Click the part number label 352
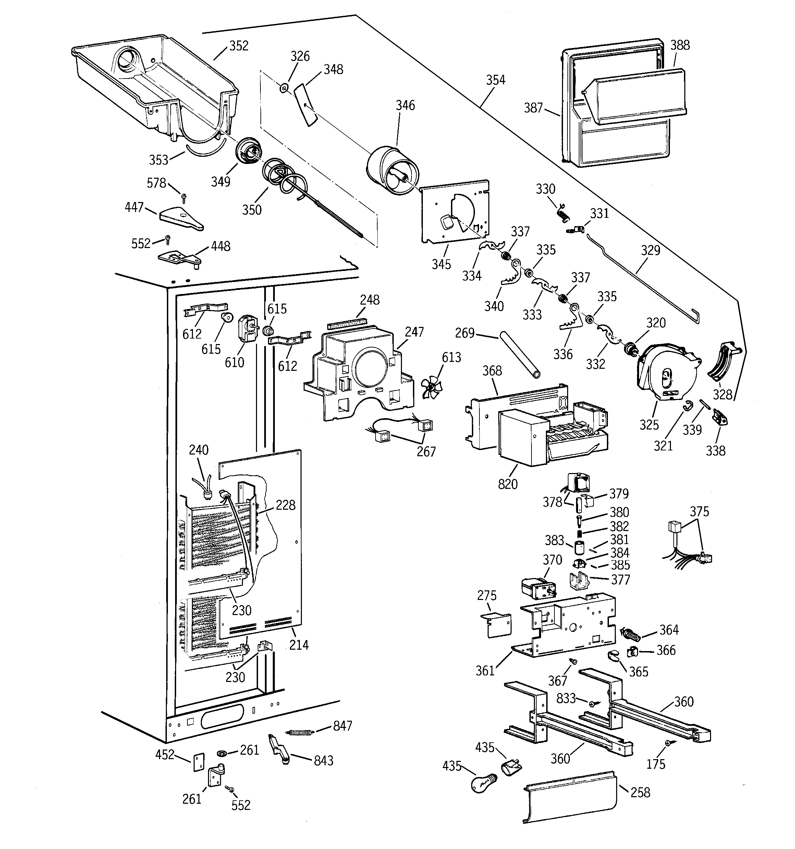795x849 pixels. click(x=238, y=46)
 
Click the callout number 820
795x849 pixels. click(x=507, y=484)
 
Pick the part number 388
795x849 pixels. click(x=680, y=45)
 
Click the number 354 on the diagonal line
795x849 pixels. click(x=495, y=80)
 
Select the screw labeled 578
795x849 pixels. click(x=184, y=197)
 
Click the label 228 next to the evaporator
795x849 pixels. click(x=285, y=505)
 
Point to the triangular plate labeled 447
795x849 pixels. click(x=181, y=218)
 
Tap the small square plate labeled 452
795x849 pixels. click(x=199, y=762)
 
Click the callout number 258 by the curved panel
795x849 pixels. click(x=640, y=793)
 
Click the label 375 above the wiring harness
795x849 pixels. click(x=699, y=511)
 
